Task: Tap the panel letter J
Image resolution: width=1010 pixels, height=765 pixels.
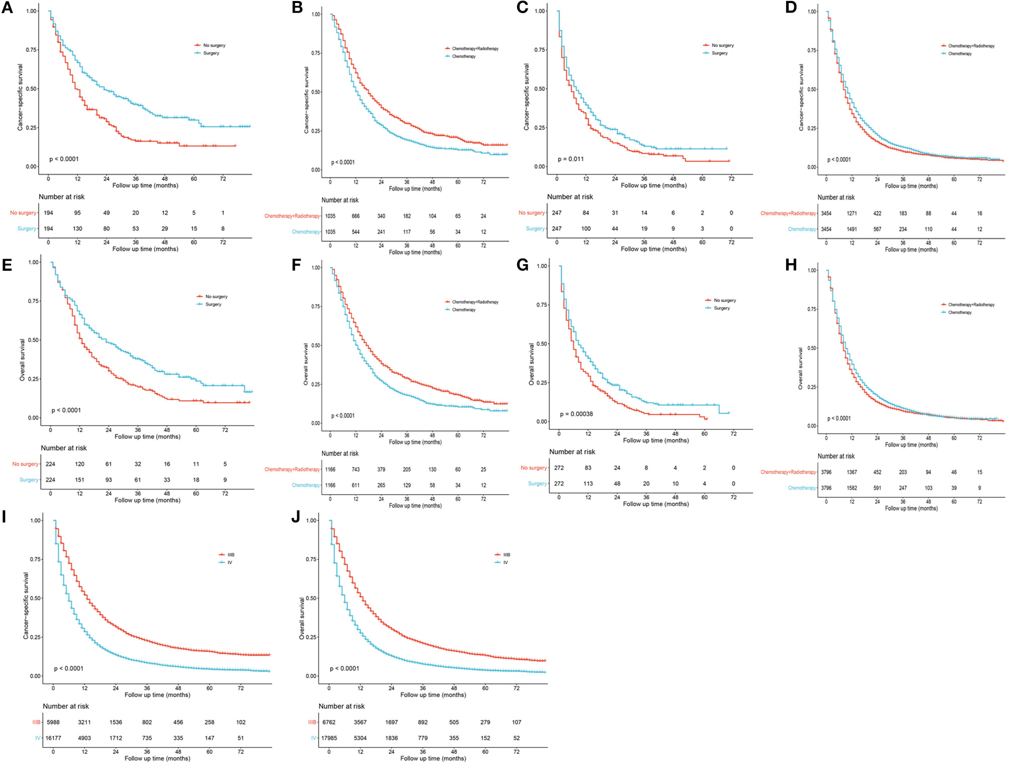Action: (296, 517)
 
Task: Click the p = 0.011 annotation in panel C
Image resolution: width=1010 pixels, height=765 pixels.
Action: (570, 159)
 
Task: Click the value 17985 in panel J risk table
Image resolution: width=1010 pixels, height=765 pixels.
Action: (329, 738)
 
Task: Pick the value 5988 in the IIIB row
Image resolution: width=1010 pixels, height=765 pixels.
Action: (53, 722)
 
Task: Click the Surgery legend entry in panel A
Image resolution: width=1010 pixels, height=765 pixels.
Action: (211, 53)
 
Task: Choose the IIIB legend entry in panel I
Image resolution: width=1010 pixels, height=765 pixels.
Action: (230, 555)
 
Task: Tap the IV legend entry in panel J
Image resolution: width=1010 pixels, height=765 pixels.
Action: (505, 563)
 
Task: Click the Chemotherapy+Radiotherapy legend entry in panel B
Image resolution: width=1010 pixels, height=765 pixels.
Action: (475, 49)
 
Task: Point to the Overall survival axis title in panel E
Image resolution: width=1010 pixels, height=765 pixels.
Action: (22, 359)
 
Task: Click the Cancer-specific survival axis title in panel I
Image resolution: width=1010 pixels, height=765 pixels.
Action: (26, 605)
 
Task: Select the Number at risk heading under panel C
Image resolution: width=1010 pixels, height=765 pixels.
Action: (570, 197)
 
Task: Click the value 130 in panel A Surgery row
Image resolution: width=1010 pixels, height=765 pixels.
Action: (77, 228)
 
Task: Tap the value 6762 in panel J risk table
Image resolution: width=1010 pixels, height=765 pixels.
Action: (329, 722)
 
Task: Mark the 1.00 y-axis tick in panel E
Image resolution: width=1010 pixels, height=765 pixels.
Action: (34, 262)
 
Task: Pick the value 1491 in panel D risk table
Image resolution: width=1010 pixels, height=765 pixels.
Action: (852, 229)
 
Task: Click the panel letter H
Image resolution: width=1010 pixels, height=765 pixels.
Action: (791, 265)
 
